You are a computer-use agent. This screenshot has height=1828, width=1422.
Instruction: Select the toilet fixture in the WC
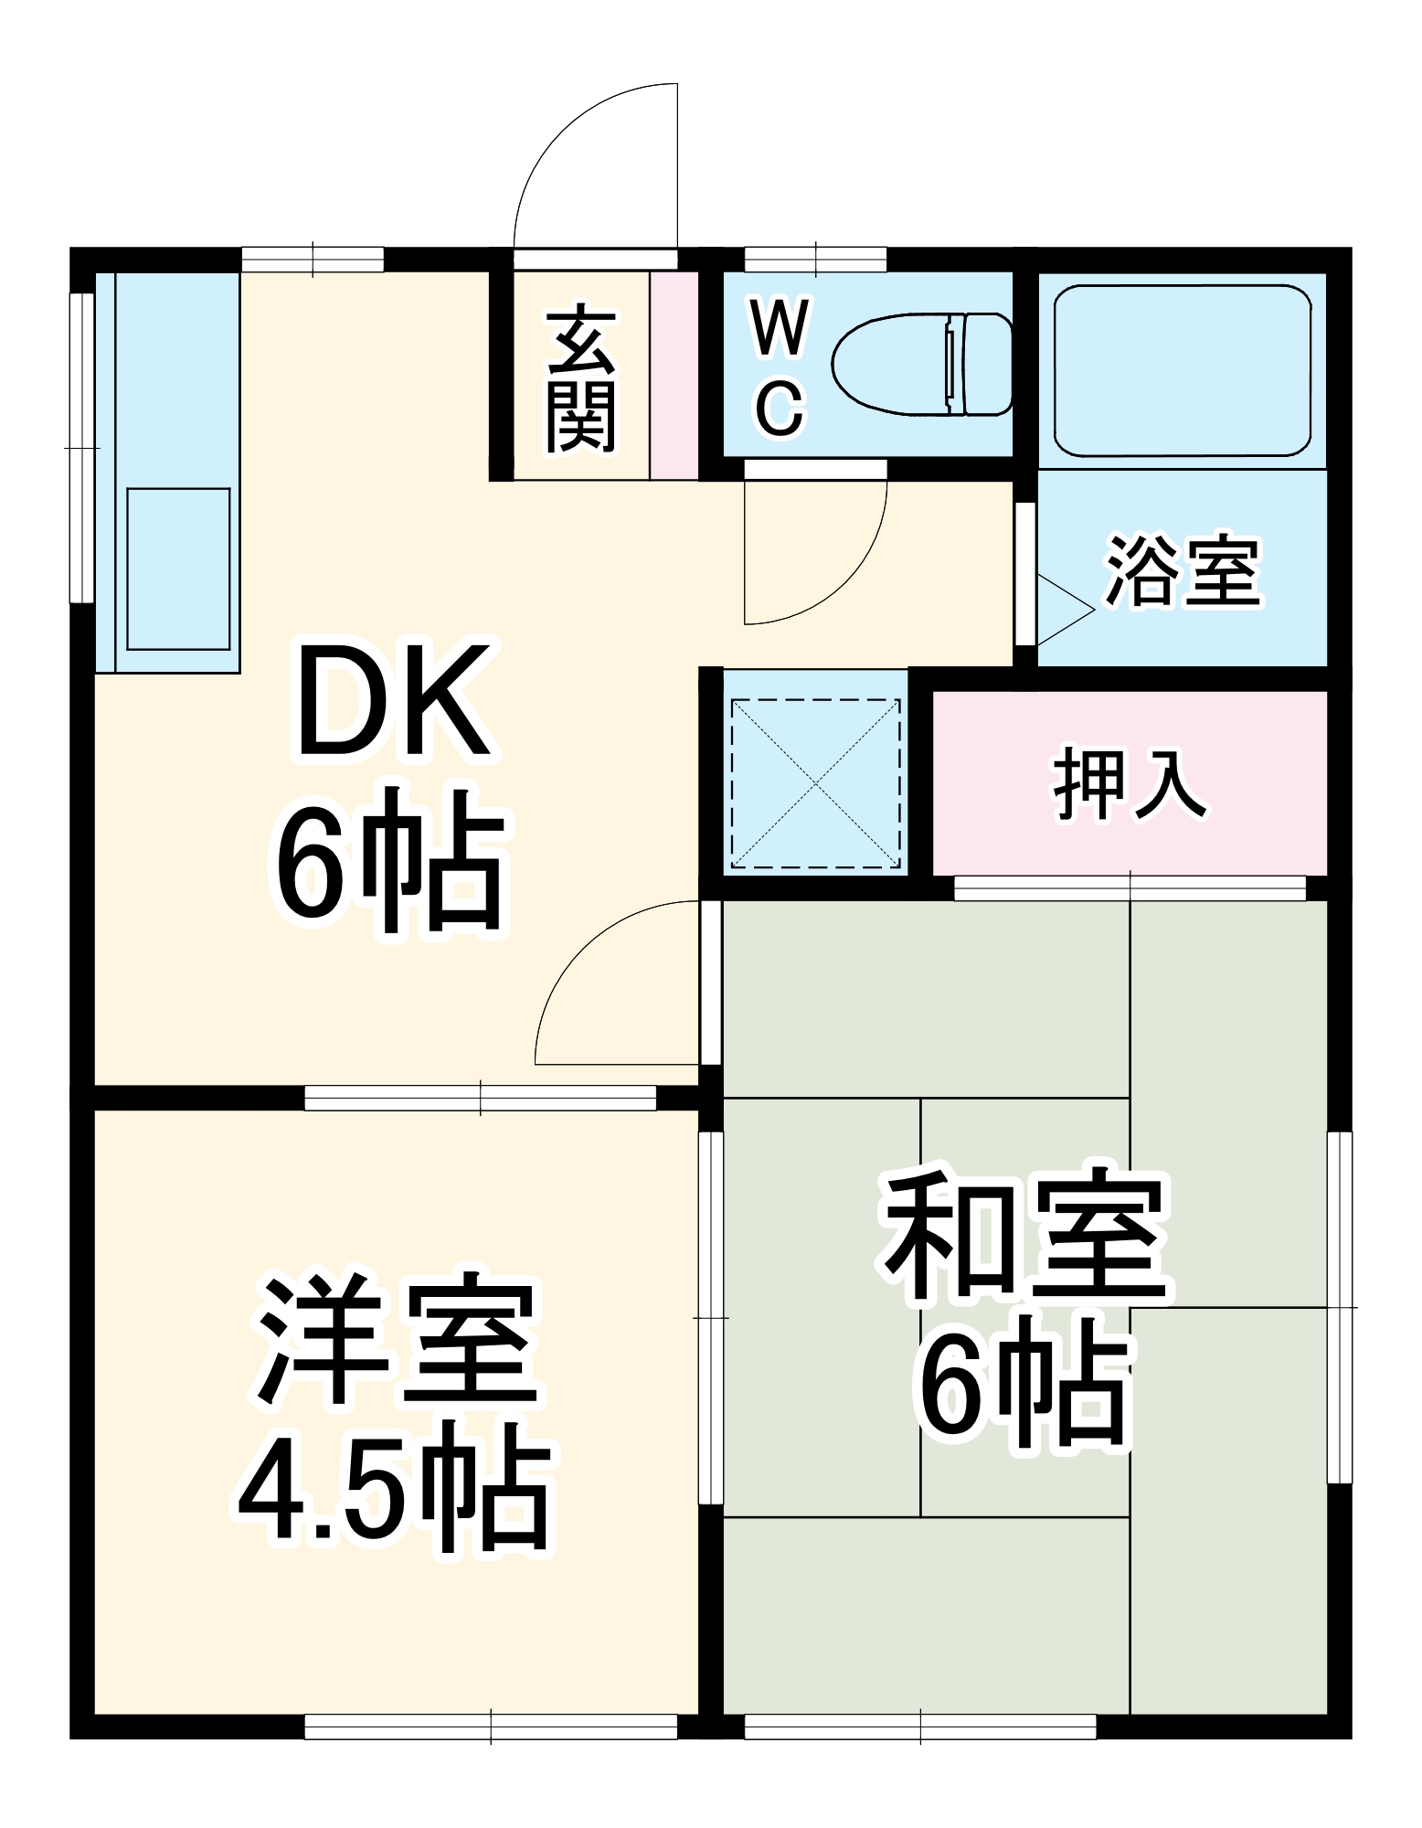coord(923,363)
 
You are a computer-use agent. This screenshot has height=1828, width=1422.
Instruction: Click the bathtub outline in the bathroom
coord(1183,370)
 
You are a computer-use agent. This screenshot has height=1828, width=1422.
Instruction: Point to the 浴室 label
coord(1183,570)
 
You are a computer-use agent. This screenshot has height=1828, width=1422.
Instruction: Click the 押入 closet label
coord(1130,784)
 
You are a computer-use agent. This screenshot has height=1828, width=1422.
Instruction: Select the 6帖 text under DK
coord(391,859)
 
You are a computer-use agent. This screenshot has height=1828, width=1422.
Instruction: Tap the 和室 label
coord(1024,1234)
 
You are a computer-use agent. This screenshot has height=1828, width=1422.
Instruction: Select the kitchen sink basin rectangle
coord(178,569)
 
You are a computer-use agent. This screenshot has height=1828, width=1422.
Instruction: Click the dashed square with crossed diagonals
coord(815,784)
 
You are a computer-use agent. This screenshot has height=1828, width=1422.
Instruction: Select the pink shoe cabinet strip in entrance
coord(674,375)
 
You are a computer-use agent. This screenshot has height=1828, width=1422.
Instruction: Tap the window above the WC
coord(815,259)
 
